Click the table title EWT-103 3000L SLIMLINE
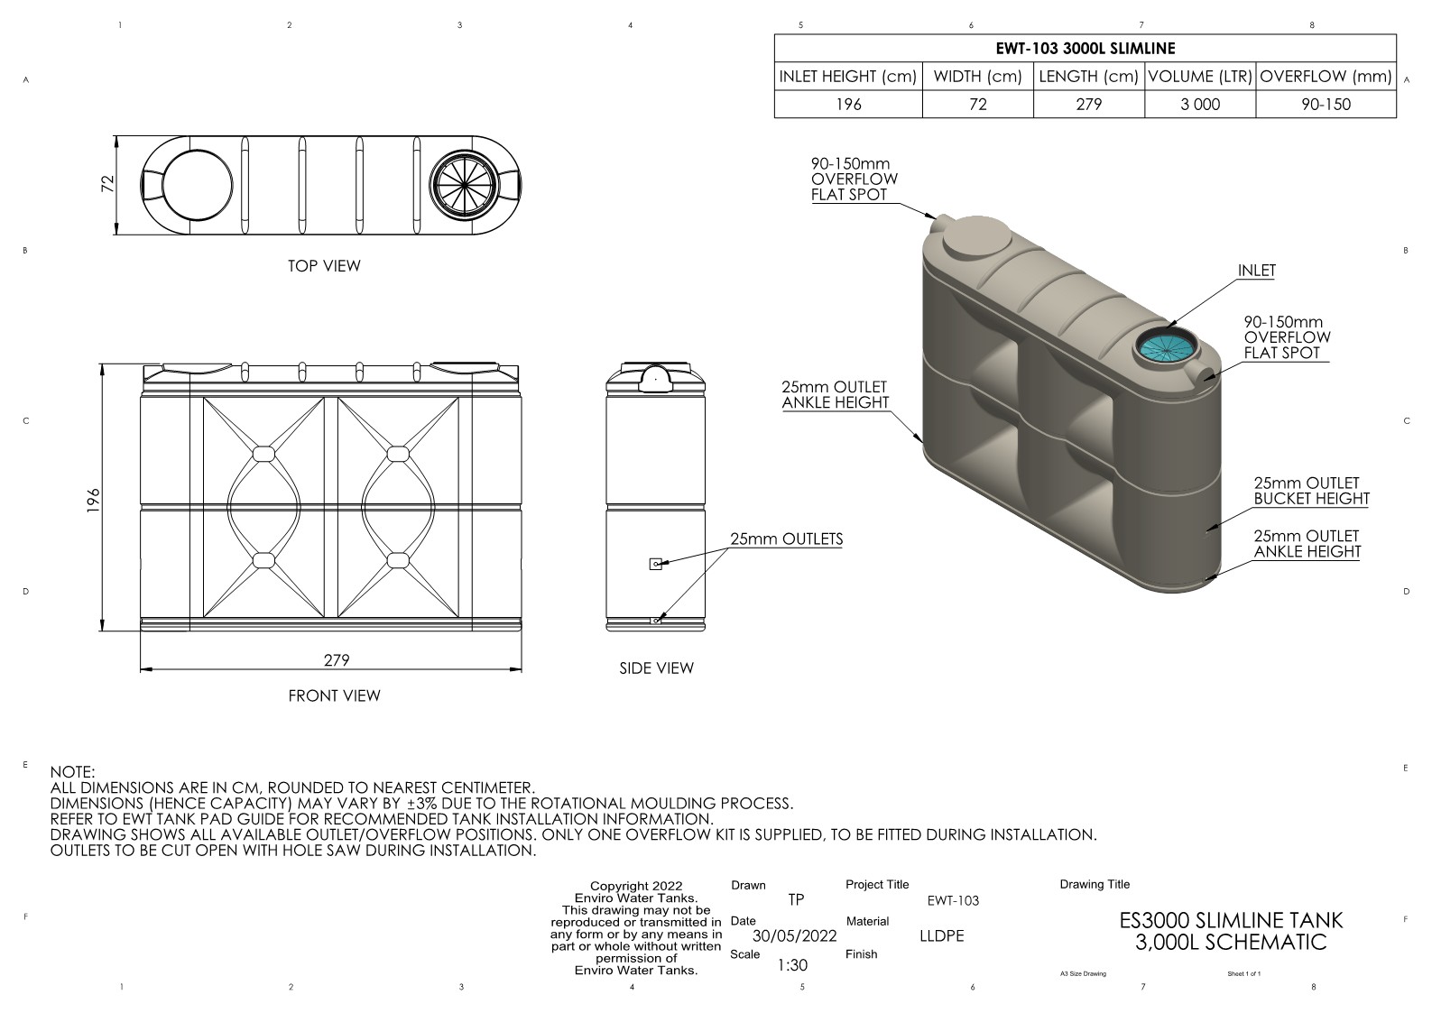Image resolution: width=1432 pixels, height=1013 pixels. pos(1085,49)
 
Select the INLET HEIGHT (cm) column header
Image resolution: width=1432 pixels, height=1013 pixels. pos(847,77)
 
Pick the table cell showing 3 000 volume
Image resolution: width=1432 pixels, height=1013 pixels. pos(1200,104)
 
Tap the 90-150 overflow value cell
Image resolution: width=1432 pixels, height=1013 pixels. pos(1326,104)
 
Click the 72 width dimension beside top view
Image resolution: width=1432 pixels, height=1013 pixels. pos(108,183)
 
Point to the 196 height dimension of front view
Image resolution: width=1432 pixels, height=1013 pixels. pos(93,500)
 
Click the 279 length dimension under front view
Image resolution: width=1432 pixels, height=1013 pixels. pos(337,659)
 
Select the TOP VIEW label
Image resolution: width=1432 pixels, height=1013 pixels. pos(324,266)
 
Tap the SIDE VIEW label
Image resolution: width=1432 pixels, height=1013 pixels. pos(656,668)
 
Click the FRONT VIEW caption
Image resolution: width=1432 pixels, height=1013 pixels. pos(334,695)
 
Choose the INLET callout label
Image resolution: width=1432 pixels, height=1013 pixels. pos(1256,271)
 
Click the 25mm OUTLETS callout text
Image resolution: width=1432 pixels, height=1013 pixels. pos(786,539)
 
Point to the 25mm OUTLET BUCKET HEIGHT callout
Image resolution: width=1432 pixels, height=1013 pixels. pos(1310,491)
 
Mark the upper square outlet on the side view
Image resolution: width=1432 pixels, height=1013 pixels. pos(655,564)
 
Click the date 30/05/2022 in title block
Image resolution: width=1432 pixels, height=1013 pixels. pos(794,935)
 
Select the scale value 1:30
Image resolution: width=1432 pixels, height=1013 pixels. pos(792,965)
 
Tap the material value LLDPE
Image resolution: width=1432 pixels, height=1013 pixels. pos(941,935)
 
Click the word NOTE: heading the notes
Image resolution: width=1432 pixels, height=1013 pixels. pos(72,772)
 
